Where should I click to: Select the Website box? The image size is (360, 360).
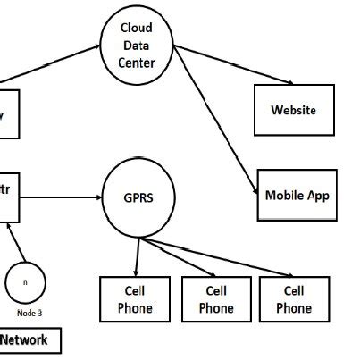pos(293,111)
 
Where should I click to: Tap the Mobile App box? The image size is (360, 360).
pos(297,194)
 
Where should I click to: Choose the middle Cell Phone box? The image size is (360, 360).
pos(216,299)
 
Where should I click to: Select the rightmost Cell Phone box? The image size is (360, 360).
pos(293,299)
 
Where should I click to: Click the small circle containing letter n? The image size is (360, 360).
pos(25,281)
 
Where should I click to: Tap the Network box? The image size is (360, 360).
pos(27,340)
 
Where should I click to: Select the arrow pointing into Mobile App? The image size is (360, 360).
pos(214,125)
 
